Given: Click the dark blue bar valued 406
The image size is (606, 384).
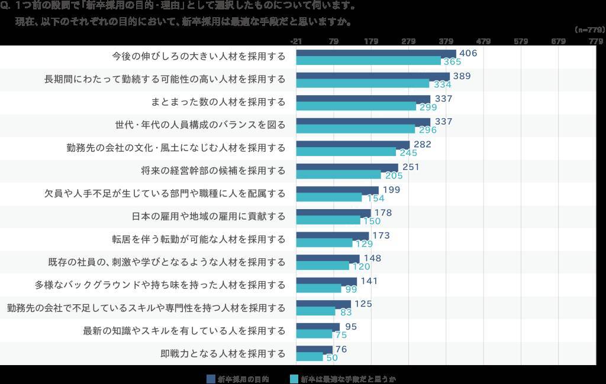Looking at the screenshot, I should [376, 53].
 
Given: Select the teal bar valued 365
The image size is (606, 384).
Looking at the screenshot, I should [368, 61].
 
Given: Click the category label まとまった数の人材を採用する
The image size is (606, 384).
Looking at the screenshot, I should [218, 102].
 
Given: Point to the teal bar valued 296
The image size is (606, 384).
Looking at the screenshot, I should [355, 129].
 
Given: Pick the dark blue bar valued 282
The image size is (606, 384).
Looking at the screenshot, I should [353, 145].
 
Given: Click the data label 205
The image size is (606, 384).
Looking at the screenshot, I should [394, 175].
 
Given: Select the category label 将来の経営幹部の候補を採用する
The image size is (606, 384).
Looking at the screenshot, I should [213, 171].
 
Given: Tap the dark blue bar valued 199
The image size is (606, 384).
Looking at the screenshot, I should [337, 190].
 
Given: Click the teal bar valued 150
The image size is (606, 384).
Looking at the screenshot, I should [328, 220].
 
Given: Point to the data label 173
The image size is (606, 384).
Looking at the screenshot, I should [381, 236].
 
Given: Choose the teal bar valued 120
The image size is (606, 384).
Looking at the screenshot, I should [323, 266].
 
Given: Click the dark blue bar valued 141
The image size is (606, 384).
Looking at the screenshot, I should [327, 281].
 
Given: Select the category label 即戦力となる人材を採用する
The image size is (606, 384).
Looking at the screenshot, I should [223, 353].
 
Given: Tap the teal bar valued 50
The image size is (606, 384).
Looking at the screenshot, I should [310, 357].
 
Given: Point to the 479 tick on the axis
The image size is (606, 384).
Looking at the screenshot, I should [483, 41].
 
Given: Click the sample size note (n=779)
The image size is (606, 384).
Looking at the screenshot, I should [589, 29].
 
